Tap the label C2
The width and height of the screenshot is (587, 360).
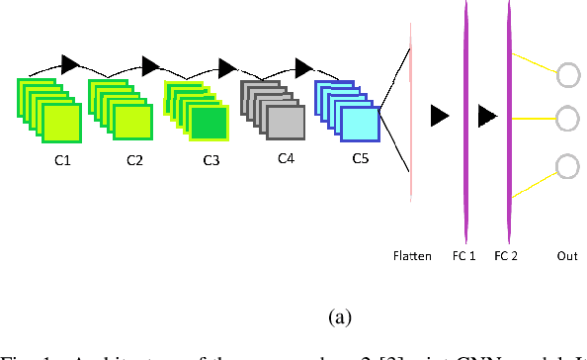(135, 158)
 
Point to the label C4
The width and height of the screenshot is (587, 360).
(286, 157)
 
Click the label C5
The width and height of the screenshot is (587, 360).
(360, 157)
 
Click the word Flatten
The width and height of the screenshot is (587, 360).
(411, 256)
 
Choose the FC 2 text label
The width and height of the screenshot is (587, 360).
(506, 256)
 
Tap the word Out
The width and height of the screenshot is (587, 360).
(567, 256)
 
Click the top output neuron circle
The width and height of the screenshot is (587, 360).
(569, 74)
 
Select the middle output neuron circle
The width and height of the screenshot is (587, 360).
(569, 119)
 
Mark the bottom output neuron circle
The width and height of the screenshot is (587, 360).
(569, 164)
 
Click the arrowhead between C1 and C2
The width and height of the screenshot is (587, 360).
(70, 64)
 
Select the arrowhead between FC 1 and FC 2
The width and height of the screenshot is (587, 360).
(486, 118)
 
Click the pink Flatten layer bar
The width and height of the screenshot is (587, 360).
(411, 119)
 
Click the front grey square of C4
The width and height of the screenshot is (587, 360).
(286, 123)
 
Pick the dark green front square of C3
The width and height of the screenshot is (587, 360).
(210, 124)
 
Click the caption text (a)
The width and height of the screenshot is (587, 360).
(340, 317)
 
